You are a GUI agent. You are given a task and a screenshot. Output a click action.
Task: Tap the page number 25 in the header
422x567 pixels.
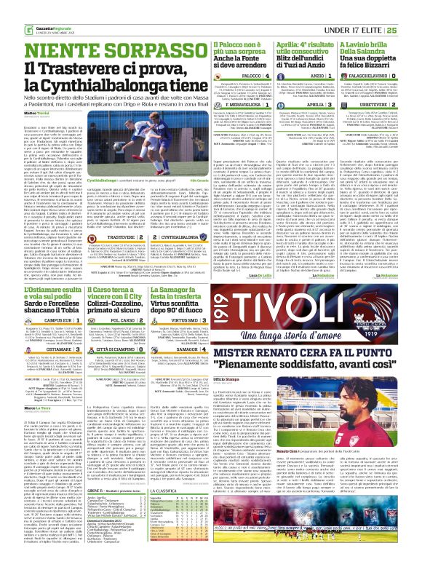(412, 9)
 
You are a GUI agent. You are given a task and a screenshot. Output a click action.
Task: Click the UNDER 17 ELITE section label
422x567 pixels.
(372, 9)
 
